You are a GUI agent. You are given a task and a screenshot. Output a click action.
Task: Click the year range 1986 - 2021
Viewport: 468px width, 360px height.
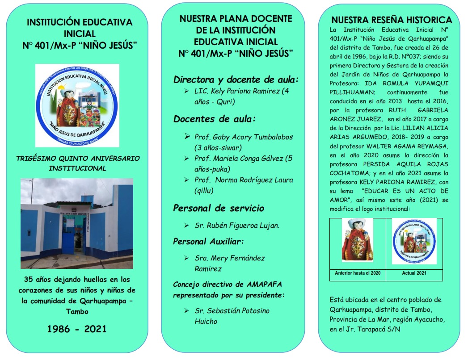(x=77, y=329)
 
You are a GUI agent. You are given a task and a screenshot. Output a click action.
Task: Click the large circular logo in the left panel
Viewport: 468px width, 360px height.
(x=77, y=105)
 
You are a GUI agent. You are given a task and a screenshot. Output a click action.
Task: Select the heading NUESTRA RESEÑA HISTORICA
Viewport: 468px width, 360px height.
(x=392, y=20)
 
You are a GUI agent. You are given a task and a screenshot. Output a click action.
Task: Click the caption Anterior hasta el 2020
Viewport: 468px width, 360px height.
(x=358, y=273)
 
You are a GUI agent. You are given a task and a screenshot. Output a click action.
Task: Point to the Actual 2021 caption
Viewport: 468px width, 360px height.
(x=414, y=273)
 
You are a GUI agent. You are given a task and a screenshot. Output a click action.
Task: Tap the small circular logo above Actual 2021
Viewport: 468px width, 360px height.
(x=414, y=241)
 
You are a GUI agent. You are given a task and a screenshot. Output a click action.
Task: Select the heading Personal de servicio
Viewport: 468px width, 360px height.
(x=218, y=208)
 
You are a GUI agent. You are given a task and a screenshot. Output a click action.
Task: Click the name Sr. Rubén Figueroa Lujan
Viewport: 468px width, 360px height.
(x=237, y=226)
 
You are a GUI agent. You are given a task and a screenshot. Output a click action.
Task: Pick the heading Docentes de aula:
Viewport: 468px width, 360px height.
(x=214, y=119)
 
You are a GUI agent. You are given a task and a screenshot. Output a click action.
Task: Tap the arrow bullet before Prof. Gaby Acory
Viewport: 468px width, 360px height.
(x=188, y=136)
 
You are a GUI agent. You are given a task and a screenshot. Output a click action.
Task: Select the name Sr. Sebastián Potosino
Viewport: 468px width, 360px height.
(x=232, y=310)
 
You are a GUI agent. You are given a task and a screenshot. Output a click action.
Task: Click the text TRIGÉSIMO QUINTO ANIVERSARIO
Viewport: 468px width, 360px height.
(x=78, y=159)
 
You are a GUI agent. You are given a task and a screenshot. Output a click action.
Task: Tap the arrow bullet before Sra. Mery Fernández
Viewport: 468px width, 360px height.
(x=187, y=258)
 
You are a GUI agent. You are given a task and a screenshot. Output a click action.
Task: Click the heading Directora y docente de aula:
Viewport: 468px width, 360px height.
(x=236, y=80)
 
